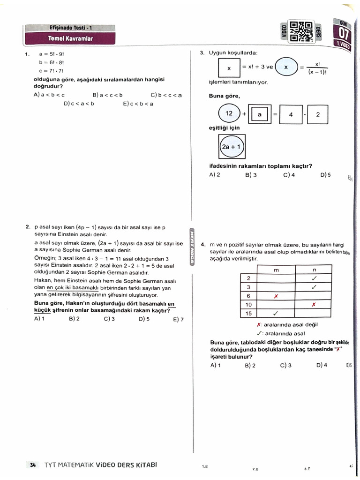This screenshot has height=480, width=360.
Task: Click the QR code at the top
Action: (x=301, y=31)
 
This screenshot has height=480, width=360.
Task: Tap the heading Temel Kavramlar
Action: (x=70, y=38)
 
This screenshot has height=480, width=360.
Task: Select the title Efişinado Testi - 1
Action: (x=70, y=28)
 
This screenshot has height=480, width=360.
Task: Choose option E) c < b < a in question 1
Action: (x=138, y=104)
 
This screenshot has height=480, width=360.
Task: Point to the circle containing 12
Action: (x=229, y=114)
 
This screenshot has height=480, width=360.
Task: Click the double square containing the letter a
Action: (x=259, y=114)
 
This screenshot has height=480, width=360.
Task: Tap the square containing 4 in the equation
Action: (x=290, y=114)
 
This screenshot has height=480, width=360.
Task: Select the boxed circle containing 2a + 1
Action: (x=232, y=147)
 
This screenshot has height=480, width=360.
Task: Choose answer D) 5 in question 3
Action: (x=325, y=175)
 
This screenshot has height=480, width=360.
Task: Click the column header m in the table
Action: (x=276, y=270)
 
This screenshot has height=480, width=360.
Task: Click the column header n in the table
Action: (x=314, y=270)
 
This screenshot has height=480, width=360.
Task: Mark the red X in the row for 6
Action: (x=276, y=296)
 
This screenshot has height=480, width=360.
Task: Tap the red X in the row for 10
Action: (x=314, y=305)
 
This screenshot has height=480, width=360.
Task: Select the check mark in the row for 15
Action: (x=276, y=314)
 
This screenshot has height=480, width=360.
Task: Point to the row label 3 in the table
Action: (x=248, y=287)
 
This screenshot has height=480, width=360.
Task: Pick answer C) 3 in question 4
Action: (x=286, y=365)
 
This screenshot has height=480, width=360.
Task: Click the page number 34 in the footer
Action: (x=33, y=465)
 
